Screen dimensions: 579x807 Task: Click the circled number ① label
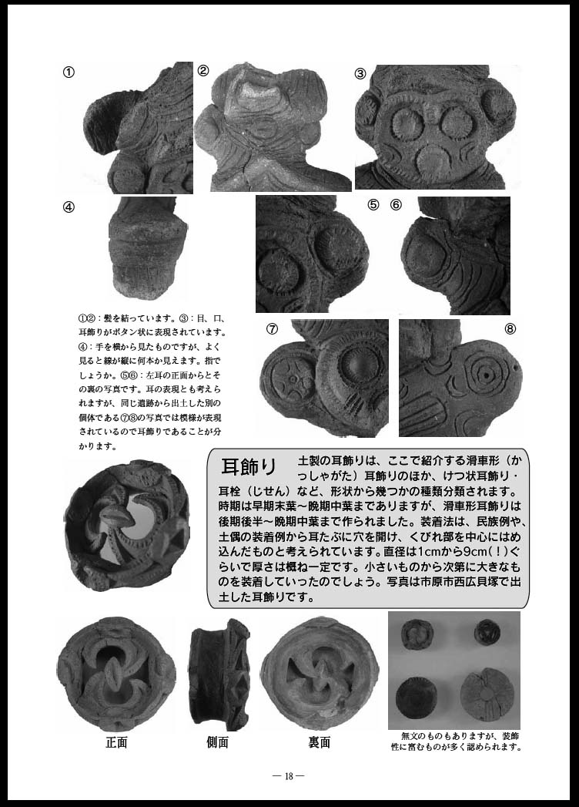click(69, 72)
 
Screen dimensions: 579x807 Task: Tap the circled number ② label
click(203, 71)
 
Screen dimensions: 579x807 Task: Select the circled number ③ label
click(360, 73)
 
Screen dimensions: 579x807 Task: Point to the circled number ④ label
click(69, 207)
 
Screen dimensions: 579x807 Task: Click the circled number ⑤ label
click(373, 204)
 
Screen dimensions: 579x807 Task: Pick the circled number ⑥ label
click(396, 204)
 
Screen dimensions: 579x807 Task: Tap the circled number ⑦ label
click(272, 328)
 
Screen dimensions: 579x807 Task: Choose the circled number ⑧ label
click(510, 328)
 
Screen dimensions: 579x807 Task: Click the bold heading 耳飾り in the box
click(249, 466)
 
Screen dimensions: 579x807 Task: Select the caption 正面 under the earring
click(116, 742)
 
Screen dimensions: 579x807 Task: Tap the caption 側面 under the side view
click(217, 742)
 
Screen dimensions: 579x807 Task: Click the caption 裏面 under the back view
click(319, 742)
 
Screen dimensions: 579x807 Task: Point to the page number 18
click(289, 776)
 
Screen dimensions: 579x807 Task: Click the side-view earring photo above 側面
click(220, 674)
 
